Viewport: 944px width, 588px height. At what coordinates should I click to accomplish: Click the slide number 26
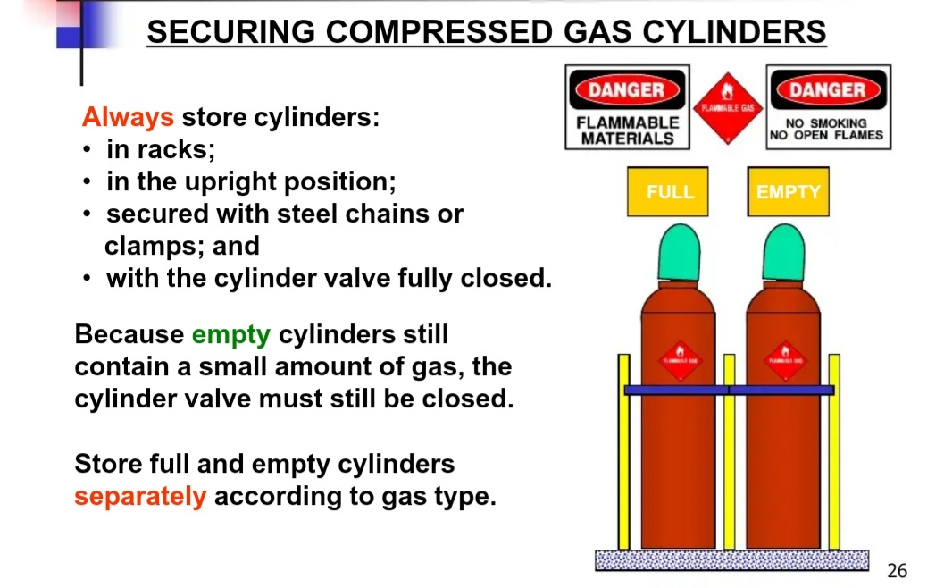click(897, 570)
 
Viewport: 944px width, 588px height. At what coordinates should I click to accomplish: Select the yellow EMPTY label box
click(788, 191)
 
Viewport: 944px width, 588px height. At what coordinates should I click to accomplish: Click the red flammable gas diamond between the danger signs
click(728, 108)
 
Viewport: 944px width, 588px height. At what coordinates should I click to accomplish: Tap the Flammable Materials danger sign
click(627, 107)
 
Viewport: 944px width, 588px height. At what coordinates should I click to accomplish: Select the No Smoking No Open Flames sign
click(828, 107)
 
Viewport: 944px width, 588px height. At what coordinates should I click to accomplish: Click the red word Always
click(128, 117)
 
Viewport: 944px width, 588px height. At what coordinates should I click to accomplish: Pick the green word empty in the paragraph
click(230, 334)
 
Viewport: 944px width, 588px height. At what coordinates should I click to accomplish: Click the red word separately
click(140, 496)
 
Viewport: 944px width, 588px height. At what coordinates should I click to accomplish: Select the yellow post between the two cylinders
click(729, 451)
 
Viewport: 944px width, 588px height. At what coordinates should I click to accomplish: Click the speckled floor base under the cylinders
click(731, 560)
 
